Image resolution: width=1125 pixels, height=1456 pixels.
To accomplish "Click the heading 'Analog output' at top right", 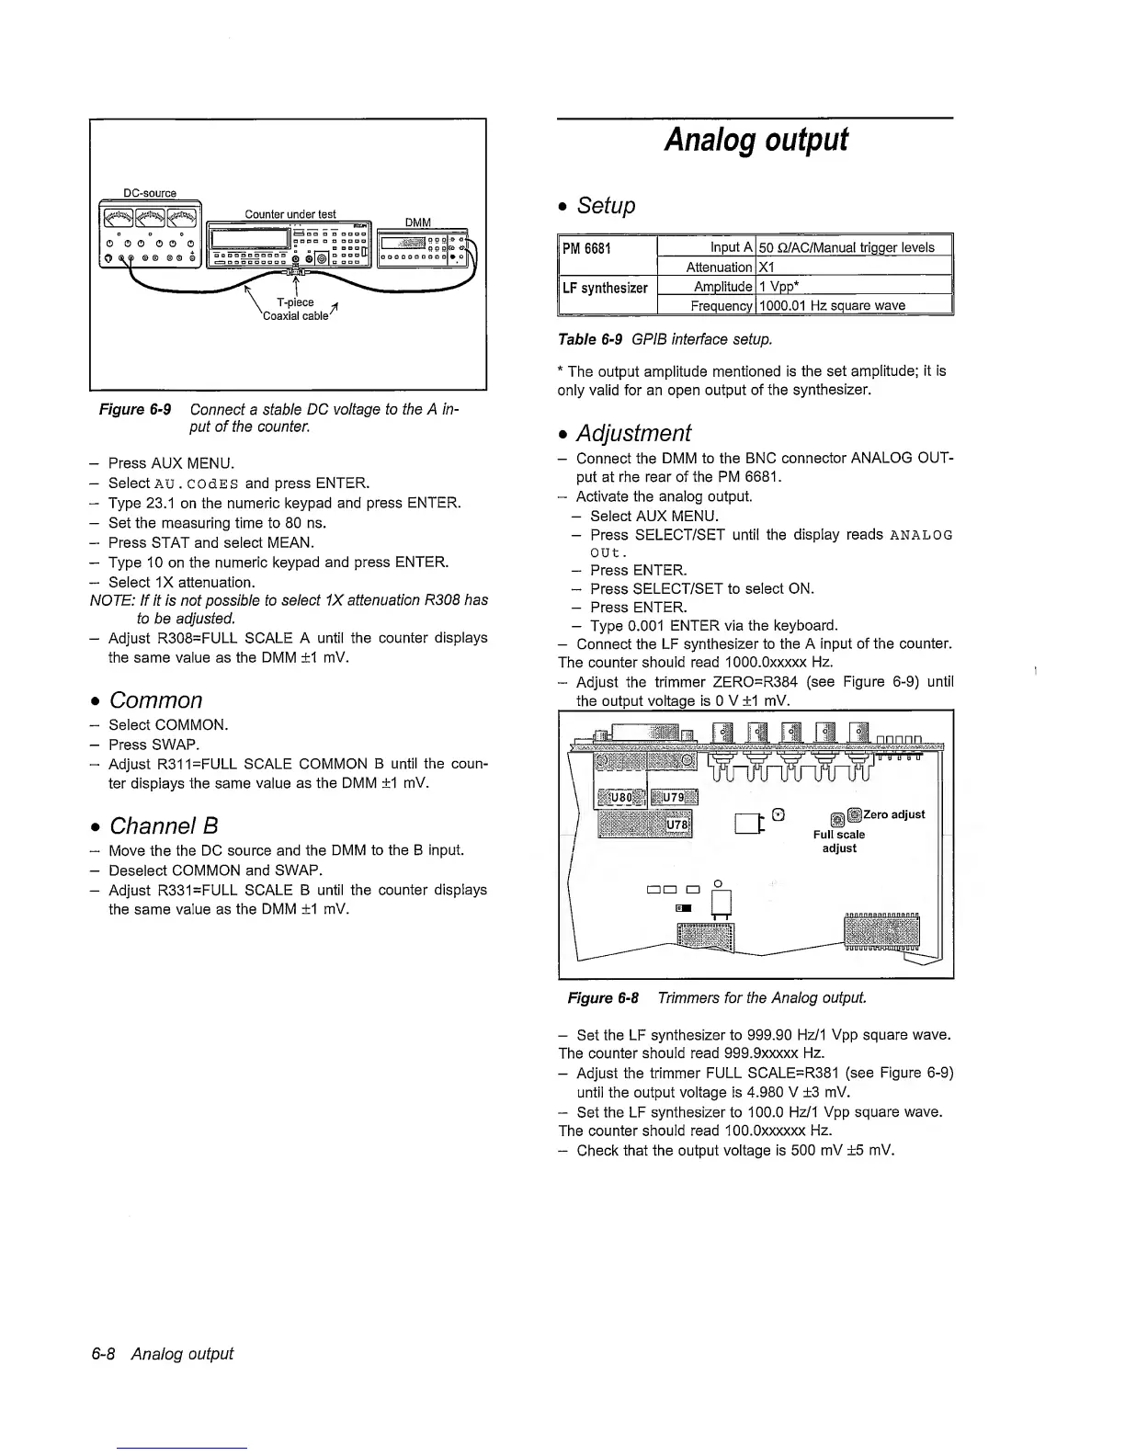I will click(x=756, y=141).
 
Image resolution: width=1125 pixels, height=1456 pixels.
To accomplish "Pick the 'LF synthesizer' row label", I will click(x=606, y=288).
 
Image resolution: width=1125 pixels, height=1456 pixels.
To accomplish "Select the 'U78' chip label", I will click(x=679, y=825).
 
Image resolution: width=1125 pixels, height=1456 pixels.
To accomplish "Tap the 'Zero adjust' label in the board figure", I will click(x=895, y=814).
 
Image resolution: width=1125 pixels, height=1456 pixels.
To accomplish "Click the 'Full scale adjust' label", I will click(x=839, y=841).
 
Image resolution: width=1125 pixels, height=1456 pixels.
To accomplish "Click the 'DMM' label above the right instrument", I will click(x=417, y=222).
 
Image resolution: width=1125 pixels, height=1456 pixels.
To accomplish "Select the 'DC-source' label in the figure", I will click(x=149, y=193).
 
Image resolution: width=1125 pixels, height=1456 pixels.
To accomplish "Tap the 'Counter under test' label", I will click(x=290, y=214).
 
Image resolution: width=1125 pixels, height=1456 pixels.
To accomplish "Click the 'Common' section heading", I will click(x=155, y=700).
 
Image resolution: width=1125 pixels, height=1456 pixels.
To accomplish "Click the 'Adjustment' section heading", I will click(x=633, y=433).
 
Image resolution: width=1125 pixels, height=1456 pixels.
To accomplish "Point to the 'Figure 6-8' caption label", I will click(x=603, y=997).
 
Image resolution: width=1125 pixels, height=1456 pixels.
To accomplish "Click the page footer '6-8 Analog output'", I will click(x=181, y=1353).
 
